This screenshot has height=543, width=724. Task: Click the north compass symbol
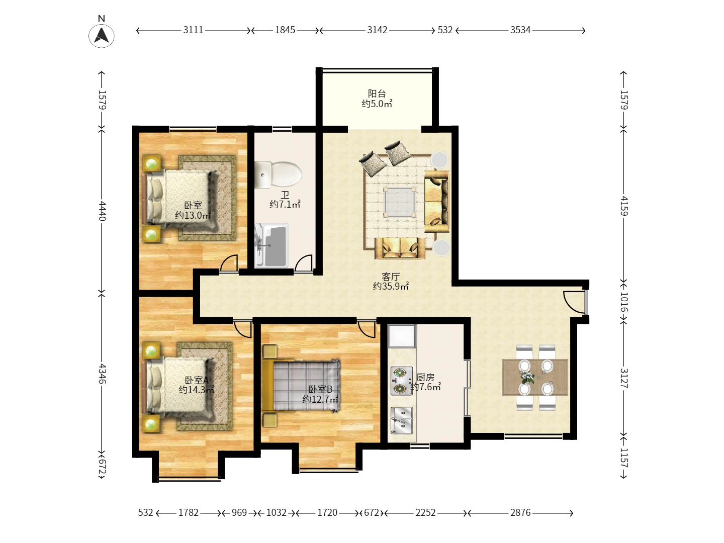102,35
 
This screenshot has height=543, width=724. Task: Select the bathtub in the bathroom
271,245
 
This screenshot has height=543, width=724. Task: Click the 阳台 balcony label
377,94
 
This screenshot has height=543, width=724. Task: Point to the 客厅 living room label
391,277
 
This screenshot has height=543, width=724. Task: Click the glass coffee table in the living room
399,202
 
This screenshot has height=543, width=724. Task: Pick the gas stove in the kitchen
401,381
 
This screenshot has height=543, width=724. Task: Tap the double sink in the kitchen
401,420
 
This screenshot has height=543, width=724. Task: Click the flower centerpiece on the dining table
527,377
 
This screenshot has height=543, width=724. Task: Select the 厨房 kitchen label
425,377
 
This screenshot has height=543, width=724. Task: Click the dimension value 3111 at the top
193,30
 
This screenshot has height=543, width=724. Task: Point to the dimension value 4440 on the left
102,211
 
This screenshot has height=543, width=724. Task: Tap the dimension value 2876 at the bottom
520,513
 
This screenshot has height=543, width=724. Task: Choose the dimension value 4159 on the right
624,206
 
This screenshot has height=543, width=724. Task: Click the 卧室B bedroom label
320,389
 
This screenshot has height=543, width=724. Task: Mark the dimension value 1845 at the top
285,30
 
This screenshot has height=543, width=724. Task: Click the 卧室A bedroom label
197,380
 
